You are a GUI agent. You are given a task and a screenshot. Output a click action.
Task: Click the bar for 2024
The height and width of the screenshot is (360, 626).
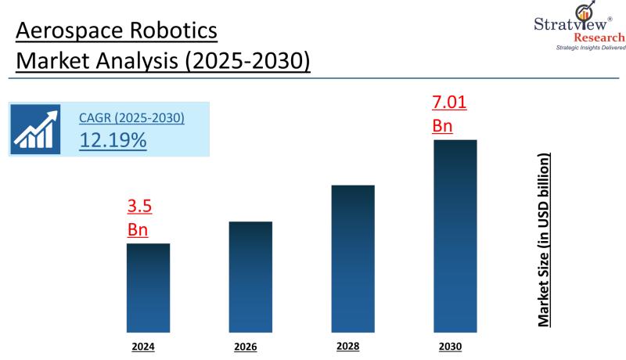[x=148, y=287]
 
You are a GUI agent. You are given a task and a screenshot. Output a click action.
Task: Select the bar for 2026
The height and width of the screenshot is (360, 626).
[x=250, y=276]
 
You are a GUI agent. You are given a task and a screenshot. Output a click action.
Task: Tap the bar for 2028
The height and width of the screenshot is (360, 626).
[x=353, y=258]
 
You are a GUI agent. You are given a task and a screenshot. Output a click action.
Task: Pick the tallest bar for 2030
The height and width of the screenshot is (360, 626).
[x=455, y=236]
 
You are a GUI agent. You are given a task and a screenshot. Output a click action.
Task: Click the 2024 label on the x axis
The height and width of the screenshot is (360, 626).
[x=144, y=345]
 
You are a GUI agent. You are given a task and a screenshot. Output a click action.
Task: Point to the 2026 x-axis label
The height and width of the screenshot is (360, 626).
[x=246, y=346]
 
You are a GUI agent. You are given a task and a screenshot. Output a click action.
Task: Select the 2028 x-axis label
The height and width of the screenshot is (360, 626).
[x=348, y=345]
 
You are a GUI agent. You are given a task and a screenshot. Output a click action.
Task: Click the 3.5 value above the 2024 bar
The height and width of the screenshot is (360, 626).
[x=139, y=207]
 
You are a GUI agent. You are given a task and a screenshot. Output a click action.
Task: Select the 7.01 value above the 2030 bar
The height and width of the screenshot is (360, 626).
[x=449, y=102]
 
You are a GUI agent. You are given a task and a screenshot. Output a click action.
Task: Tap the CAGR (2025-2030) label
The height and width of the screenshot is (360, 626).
[x=131, y=118]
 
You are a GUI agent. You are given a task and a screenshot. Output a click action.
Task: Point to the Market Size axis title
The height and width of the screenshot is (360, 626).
[x=544, y=239]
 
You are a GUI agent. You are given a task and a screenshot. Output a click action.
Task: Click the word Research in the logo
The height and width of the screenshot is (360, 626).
[x=599, y=38]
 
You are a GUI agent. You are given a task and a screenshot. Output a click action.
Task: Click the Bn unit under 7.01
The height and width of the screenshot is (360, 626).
[x=442, y=125]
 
